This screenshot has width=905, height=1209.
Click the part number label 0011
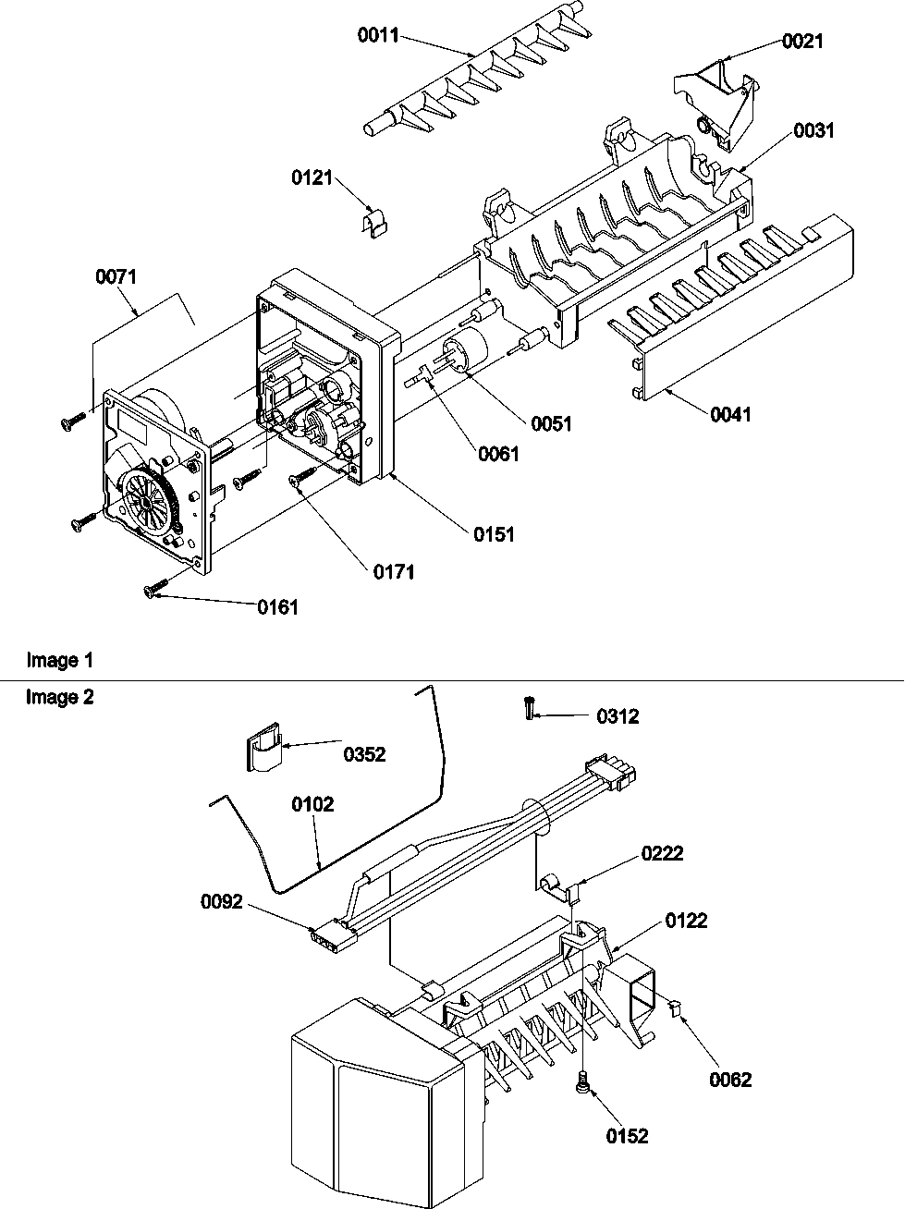(x=378, y=36)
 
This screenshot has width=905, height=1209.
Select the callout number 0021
(x=801, y=41)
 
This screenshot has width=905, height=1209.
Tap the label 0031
(x=813, y=130)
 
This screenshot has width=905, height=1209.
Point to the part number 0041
(x=730, y=414)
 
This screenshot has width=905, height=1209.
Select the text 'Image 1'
(x=60, y=661)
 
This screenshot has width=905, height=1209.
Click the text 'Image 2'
(x=60, y=698)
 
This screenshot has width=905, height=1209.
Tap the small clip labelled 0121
(x=372, y=223)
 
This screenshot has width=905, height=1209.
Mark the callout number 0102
(x=312, y=804)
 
